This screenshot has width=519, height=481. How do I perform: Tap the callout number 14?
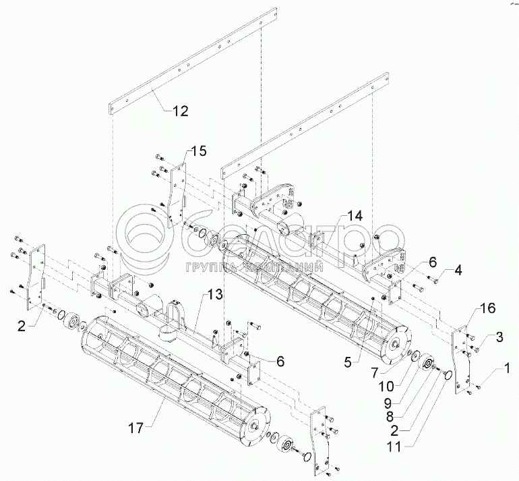tap(354, 216)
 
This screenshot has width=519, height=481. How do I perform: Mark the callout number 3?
tap(499, 336)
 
